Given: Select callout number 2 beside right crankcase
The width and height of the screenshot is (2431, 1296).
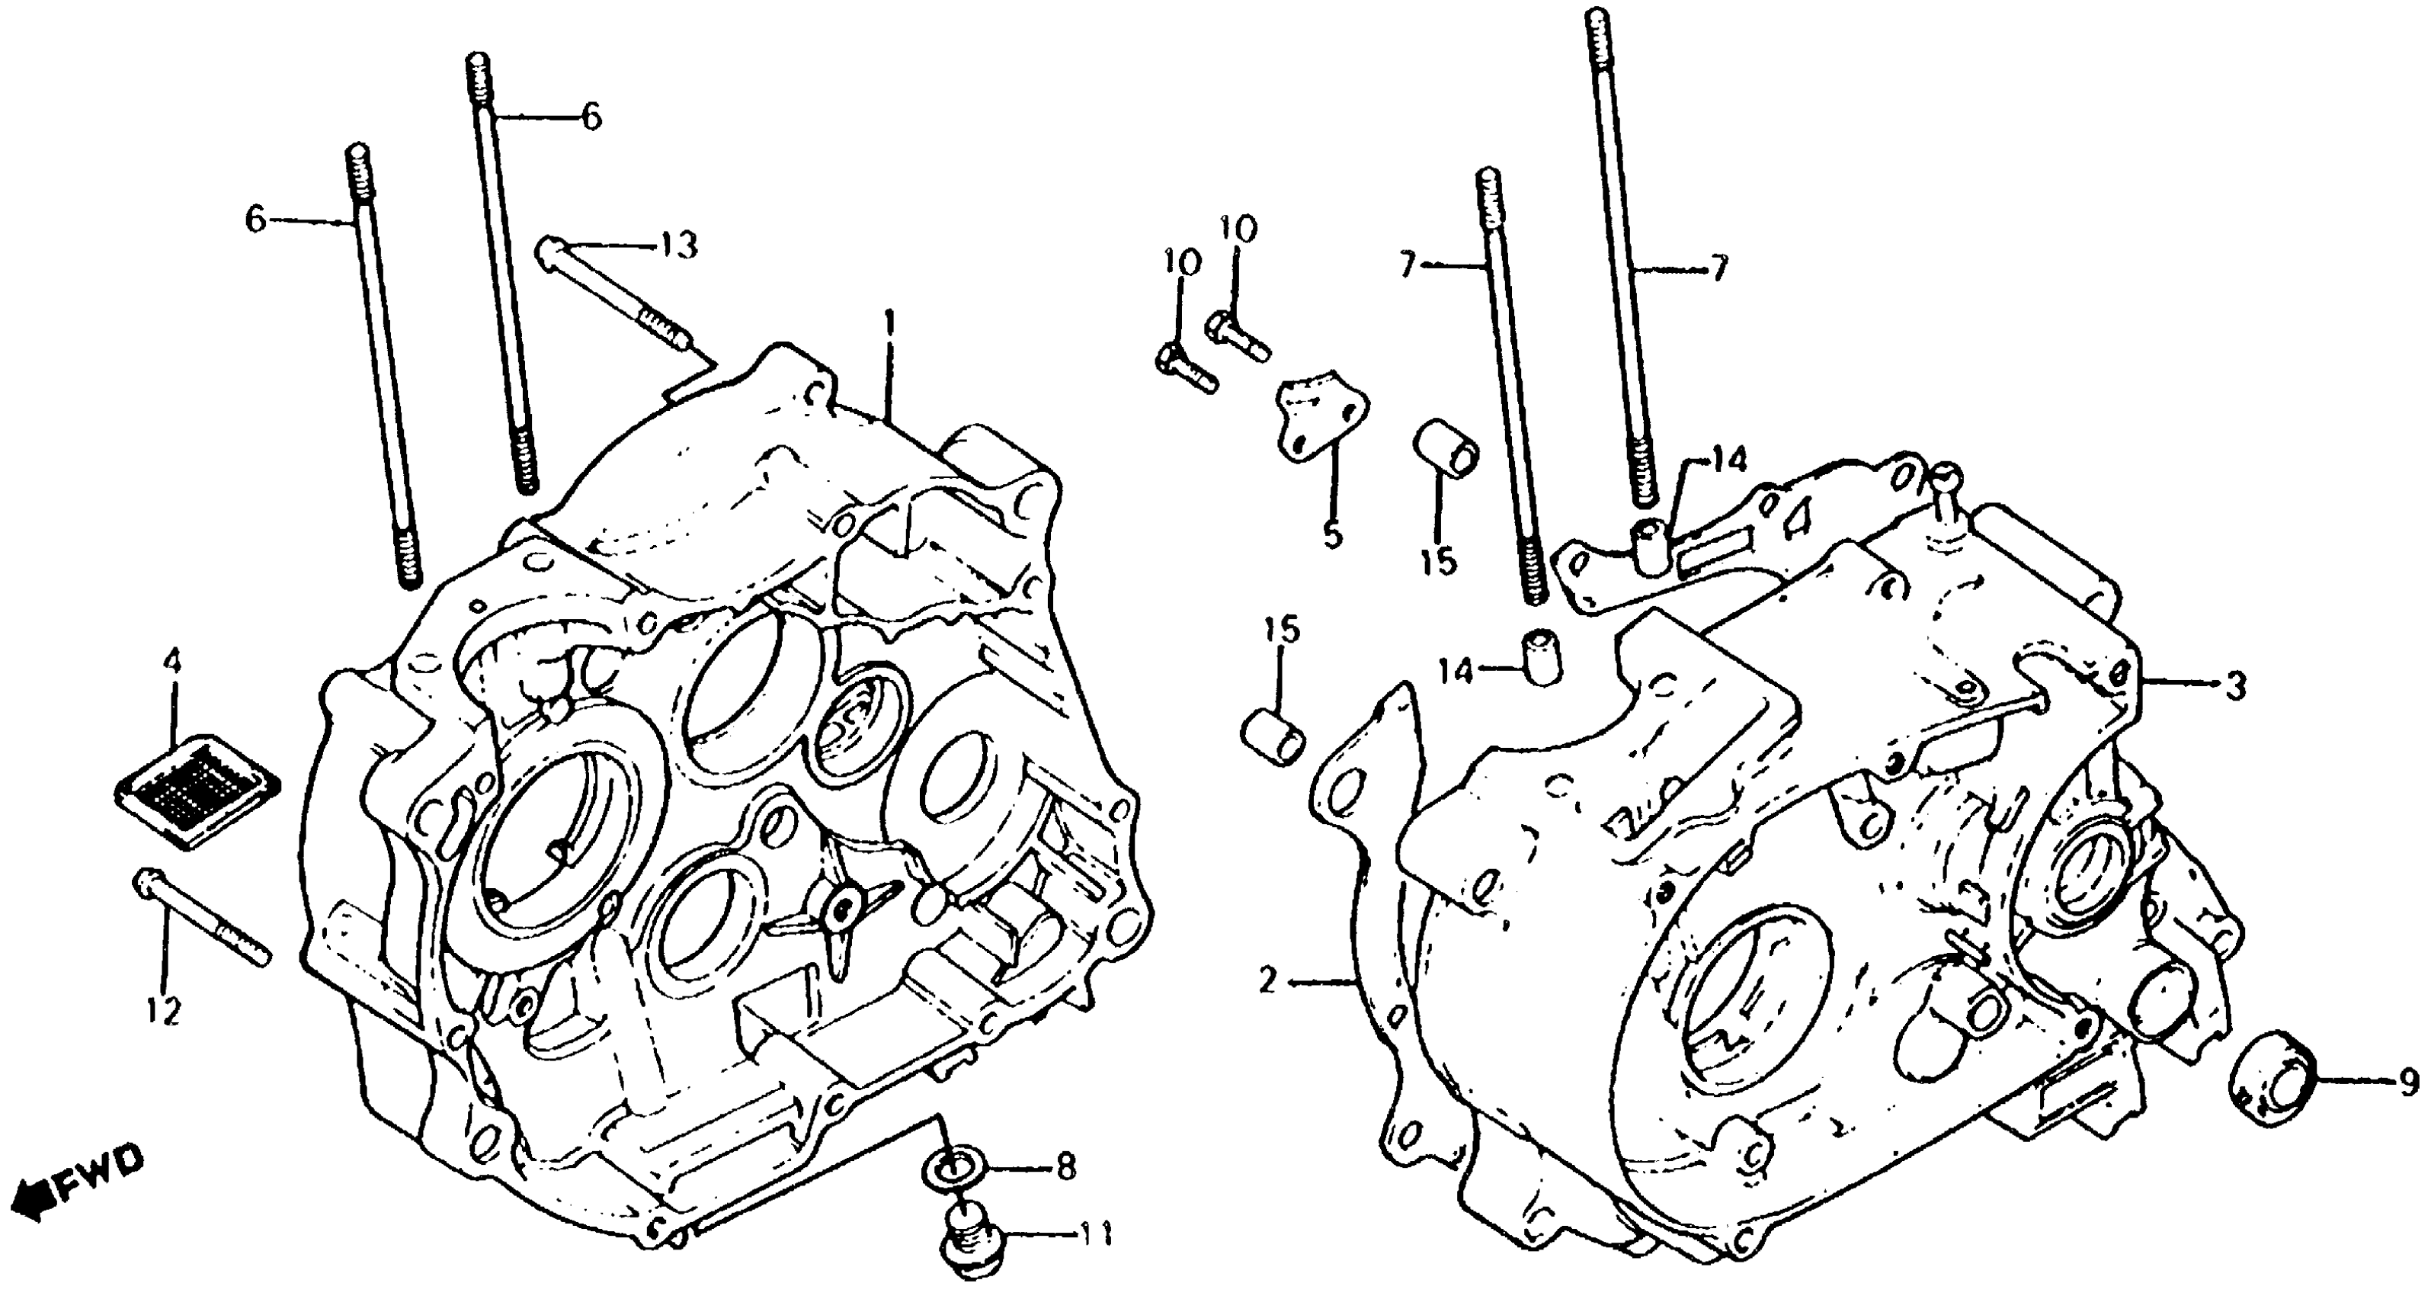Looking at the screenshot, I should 1267,983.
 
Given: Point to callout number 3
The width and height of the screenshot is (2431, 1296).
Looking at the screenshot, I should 2234,687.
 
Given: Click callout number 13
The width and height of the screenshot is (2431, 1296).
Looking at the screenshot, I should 680,245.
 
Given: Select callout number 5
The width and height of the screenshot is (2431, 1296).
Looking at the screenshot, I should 1331,535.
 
